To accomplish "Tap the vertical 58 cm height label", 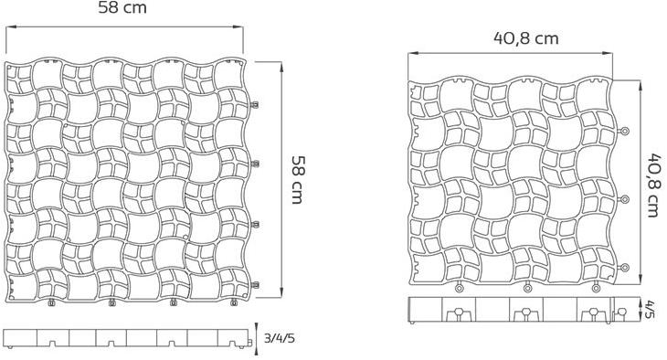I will click(298, 179).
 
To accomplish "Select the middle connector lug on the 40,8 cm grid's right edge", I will click(626, 199).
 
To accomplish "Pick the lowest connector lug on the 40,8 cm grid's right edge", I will click(626, 266).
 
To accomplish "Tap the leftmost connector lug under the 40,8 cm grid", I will click(460, 289).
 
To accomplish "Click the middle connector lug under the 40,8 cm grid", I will click(527, 289).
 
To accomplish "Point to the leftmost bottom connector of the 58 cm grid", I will click(50, 302).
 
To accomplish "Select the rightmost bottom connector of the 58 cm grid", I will click(233, 302).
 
